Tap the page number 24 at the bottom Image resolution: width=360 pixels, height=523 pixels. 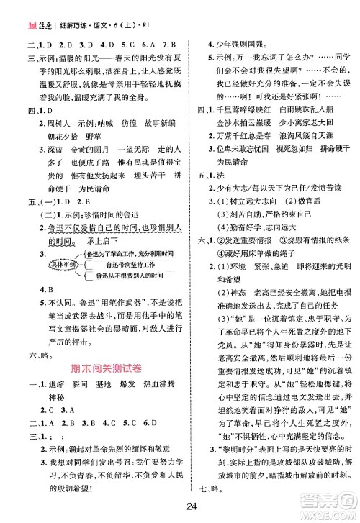click(179, 505)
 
